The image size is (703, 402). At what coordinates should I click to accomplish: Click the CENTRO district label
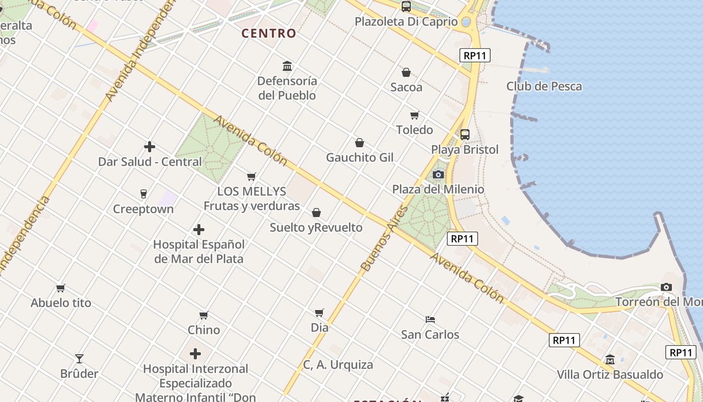point(269,34)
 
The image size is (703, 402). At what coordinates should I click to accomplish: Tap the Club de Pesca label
point(544,86)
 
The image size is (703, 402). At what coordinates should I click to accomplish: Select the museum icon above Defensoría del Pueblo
point(287,66)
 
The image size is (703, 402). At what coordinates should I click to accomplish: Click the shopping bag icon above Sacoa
point(406,72)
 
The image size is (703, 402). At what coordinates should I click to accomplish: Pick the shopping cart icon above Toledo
point(414,116)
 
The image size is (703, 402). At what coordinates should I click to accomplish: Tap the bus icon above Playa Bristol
point(465,135)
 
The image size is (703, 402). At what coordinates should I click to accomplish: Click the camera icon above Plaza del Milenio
point(438,174)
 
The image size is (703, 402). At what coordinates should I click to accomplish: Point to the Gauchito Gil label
point(360,158)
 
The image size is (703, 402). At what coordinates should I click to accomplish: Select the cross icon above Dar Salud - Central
point(150,147)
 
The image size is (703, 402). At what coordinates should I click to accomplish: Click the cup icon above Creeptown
point(143,194)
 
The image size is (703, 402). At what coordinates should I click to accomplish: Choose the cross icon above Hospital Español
point(199,230)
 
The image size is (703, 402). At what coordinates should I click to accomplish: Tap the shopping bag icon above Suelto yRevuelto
point(316,213)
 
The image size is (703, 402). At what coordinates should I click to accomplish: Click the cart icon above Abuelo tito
point(61,288)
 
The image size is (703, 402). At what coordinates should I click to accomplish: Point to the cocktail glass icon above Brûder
point(79,359)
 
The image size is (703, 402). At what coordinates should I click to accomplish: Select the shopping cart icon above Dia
point(319,313)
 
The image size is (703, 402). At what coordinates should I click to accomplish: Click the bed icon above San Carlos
point(430,319)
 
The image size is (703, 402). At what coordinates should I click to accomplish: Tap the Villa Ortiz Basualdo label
point(610,375)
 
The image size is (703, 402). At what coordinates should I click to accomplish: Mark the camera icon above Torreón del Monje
point(666,287)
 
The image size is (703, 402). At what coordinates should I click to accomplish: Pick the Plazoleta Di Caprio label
point(406,22)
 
